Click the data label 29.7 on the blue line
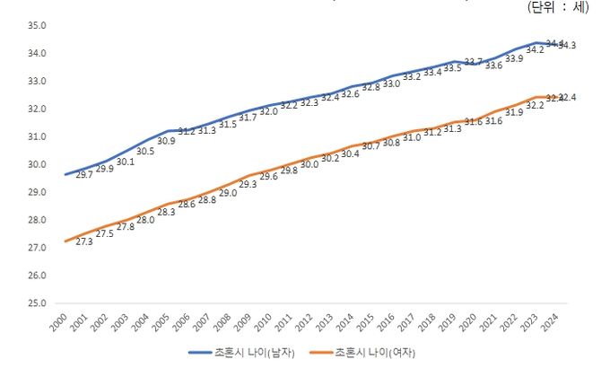[85, 175]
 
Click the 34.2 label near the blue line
[536, 50]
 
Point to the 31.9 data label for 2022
[515, 113]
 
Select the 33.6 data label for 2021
[494, 66]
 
